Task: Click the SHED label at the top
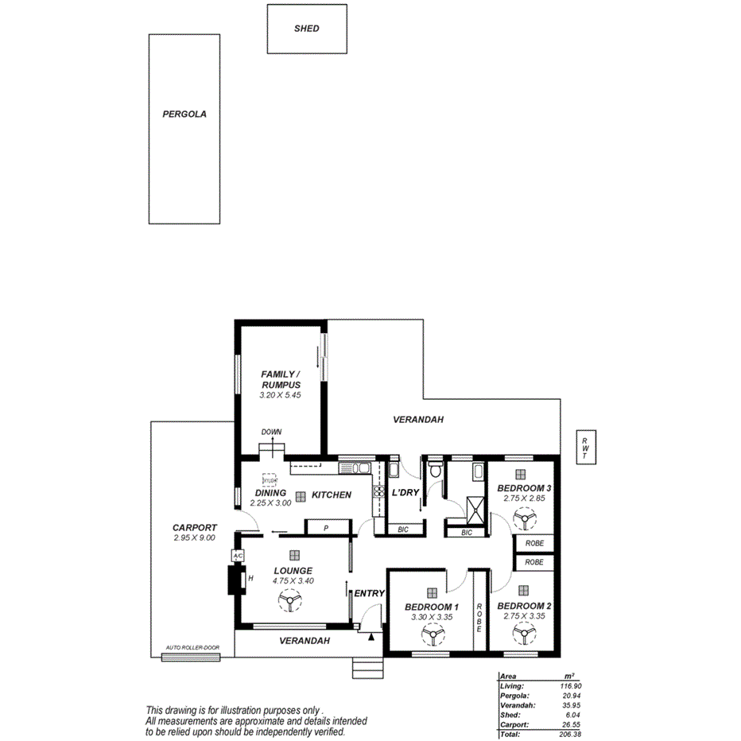[306, 29]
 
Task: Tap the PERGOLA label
[184, 114]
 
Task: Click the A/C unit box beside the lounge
[237, 556]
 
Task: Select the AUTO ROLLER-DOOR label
[192, 648]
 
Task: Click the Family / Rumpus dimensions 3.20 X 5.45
[281, 394]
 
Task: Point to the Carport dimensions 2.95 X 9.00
[194, 537]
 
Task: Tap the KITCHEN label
[331, 495]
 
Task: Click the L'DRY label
[405, 493]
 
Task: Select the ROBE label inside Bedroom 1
[479, 618]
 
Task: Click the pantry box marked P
[327, 528]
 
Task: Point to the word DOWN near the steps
[271, 433]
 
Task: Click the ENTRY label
[369, 593]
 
